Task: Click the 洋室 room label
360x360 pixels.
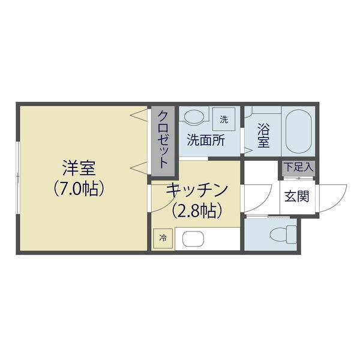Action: click(79, 168)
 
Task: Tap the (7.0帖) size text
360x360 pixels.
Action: click(79, 189)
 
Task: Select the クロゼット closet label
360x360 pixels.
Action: click(163, 140)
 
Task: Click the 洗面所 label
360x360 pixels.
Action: click(206, 140)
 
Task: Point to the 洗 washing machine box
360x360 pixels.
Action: click(224, 119)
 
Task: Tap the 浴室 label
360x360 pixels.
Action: click(263, 136)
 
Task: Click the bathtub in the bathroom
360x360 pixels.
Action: click(298, 131)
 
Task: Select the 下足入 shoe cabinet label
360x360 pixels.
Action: click(298, 167)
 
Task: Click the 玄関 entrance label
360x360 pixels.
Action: click(296, 196)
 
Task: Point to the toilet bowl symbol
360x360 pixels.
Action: click(283, 235)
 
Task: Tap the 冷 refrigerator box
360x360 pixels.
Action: click(163, 238)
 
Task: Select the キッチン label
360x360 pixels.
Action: click(197, 191)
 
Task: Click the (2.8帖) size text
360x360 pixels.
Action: click(197, 211)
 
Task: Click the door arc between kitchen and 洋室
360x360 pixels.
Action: click(166, 202)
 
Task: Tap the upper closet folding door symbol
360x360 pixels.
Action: click(139, 115)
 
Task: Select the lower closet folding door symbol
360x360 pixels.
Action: click(139, 168)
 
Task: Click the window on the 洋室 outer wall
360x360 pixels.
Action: click(17, 177)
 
